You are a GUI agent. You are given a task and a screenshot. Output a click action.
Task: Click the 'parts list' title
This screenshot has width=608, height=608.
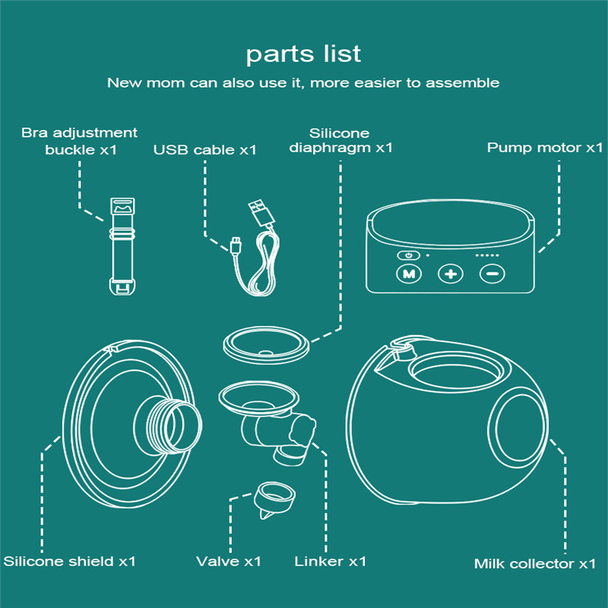click(x=303, y=54)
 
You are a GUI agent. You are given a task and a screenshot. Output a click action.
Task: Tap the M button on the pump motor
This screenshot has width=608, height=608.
click(x=409, y=274)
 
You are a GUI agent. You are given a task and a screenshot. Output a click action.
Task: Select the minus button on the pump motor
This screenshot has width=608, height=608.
click(x=492, y=274)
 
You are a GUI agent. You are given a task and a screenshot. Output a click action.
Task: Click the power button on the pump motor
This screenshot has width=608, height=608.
click(x=409, y=255)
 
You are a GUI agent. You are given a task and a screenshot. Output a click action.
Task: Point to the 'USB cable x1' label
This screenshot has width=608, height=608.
click(x=204, y=150)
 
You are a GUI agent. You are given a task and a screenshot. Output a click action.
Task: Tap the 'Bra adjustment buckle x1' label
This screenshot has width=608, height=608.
click(x=80, y=141)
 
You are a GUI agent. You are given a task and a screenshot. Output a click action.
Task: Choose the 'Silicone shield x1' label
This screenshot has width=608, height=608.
click(x=70, y=562)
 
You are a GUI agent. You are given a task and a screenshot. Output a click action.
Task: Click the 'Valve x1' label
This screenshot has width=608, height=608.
click(x=228, y=562)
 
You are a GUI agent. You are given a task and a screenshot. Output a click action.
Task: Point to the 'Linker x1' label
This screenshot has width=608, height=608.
click(x=330, y=562)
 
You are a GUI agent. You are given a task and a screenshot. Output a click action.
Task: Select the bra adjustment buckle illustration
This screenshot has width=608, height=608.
click(x=122, y=244)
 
